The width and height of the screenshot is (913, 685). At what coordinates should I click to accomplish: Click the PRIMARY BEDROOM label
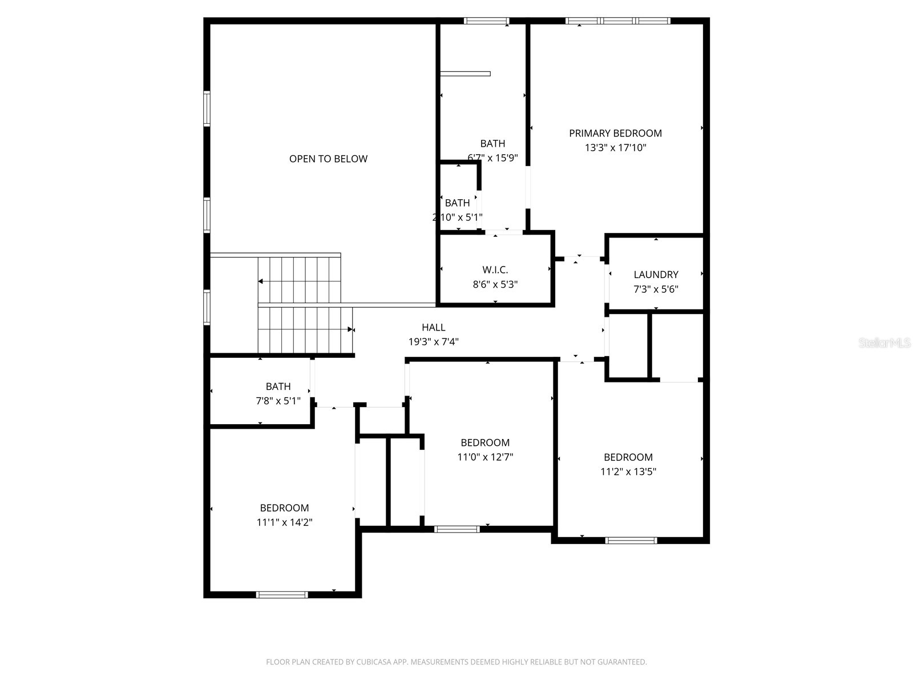(615, 133)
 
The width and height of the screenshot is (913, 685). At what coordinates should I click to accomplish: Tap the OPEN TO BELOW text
(328, 159)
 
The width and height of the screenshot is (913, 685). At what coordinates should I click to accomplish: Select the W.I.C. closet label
(495, 269)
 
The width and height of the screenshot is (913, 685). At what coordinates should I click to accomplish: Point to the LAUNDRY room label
(656, 275)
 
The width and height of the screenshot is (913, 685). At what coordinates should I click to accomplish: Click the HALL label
(433, 327)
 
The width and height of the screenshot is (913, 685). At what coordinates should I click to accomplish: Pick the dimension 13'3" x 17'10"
(615, 148)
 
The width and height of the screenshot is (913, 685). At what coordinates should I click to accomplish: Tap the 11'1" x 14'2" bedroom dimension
(284, 522)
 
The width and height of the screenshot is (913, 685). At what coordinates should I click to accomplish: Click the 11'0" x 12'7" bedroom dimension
(485, 457)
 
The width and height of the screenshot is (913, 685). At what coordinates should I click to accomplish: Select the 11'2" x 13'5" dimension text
(628, 472)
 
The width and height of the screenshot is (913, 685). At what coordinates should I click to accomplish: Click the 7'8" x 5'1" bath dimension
(278, 401)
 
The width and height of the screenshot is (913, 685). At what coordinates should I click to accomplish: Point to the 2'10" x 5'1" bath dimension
(457, 217)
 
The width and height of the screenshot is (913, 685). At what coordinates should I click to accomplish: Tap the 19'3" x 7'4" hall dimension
(433, 342)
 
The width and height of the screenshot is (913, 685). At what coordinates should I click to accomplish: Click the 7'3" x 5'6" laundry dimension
(656, 289)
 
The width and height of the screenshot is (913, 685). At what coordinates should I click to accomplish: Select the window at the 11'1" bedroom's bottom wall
(282, 595)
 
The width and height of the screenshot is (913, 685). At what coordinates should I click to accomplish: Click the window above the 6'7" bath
(486, 21)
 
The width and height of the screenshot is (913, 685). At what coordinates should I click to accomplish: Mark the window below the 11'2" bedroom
(631, 540)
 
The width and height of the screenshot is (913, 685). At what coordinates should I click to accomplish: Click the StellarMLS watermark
(884, 343)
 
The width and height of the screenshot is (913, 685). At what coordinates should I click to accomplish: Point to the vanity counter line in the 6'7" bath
(465, 74)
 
